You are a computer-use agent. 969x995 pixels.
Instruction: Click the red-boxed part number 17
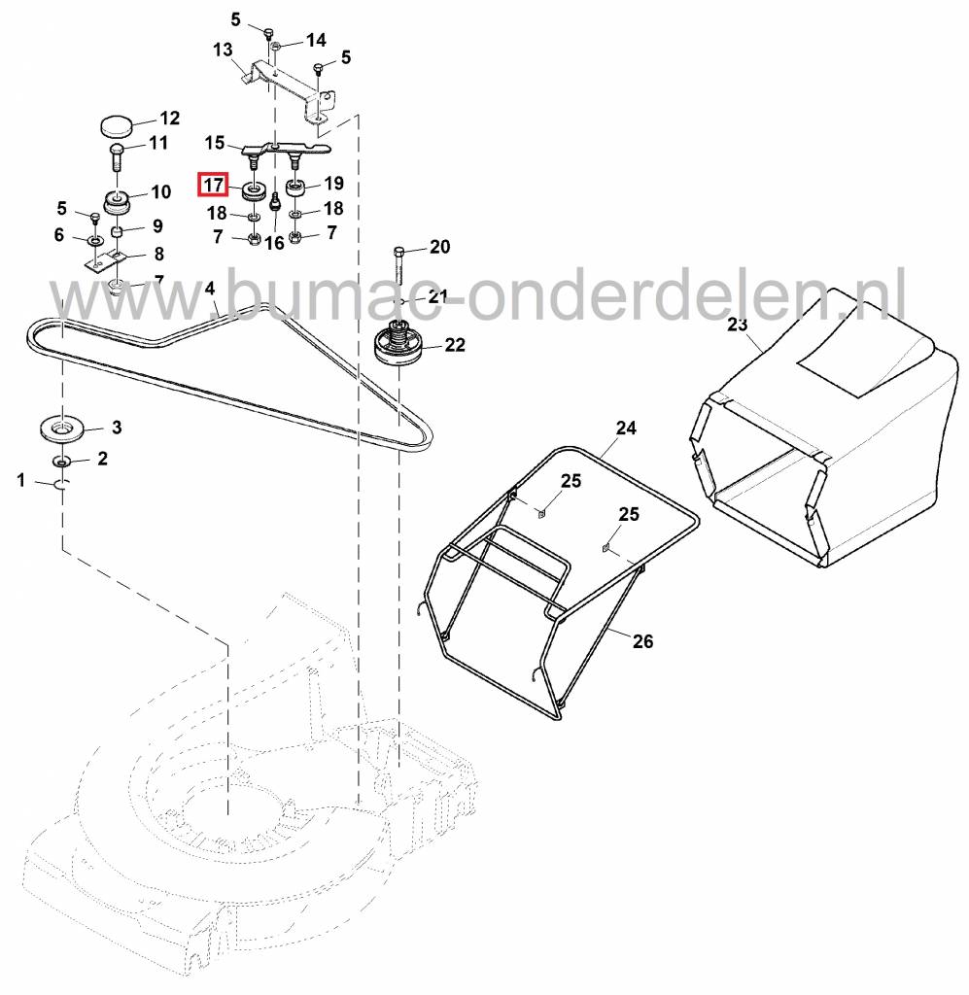pyautogui.click(x=213, y=184)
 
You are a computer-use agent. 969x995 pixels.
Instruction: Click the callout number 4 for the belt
pyautogui.click(x=210, y=289)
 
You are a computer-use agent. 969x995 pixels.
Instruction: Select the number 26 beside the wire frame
pyautogui.click(x=642, y=641)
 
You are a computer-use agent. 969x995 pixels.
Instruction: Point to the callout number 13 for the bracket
pyautogui.click(x=223, y=50)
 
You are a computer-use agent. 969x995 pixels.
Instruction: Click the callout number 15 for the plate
pyautogui.click(x=214, y=143)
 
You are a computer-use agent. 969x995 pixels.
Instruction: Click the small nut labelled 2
pyautogui.click(x=61, y=460)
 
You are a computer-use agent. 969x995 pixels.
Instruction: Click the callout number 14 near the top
pyautogui.click(x=316, y=41)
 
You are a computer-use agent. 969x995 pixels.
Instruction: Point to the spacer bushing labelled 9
pyautogui.click(x=118, y=232)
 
